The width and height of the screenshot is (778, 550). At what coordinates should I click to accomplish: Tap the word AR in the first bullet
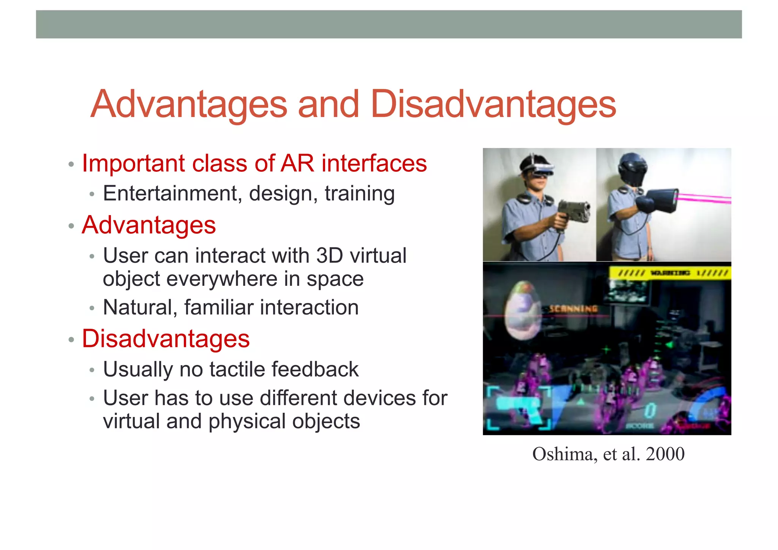(x=297, y=163)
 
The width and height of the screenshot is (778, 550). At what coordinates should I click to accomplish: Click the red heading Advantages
(x=149, y=225)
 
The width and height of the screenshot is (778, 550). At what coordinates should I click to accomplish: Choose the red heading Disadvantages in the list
(x=166, y=339)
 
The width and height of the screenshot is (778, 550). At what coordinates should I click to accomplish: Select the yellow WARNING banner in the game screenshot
(x=670, y=273)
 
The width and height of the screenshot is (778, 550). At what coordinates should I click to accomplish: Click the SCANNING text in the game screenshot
(x=573, y=309)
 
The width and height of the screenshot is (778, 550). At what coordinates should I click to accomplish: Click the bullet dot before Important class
(x=71, y=165)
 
